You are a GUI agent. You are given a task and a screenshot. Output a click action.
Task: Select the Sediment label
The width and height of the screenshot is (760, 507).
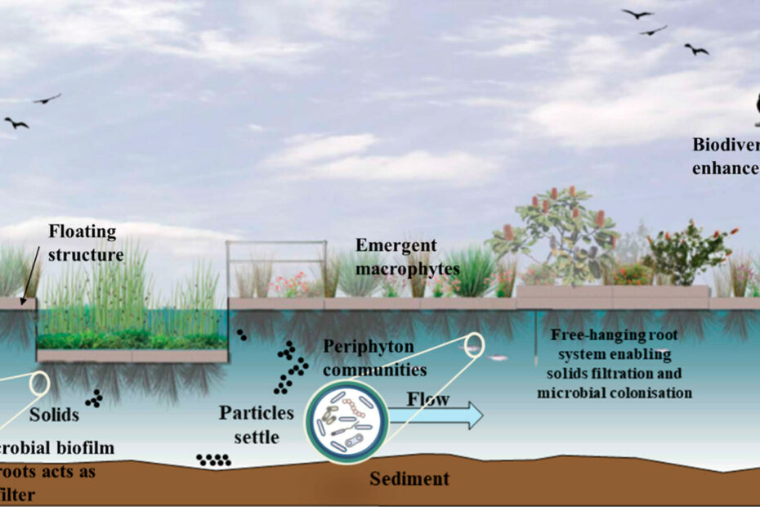click(409, 478)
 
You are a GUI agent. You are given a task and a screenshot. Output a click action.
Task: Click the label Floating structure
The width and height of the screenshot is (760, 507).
click(85, 243)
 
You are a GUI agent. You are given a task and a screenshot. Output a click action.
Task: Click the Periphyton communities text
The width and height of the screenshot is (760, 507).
click(374, 358)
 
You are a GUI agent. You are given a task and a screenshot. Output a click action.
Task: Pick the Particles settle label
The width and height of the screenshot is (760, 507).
click(249, 424)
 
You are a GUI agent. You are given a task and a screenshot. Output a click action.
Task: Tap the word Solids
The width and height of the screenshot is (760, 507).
click(54, 415)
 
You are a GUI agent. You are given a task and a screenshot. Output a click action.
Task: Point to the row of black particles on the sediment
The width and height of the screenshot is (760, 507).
click(213, 460)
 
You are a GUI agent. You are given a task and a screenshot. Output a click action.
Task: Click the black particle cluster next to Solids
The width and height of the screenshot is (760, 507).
click(95, 398)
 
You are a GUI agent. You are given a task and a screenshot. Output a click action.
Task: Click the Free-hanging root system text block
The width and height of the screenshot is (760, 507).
click(615, 364)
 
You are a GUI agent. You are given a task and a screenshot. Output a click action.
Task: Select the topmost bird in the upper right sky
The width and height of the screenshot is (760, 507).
click(637, 14)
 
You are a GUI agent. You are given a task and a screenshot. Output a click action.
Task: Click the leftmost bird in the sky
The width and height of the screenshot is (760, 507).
click(16, 123)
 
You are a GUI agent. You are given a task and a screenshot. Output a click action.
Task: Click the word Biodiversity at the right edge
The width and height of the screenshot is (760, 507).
click(726, 146)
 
